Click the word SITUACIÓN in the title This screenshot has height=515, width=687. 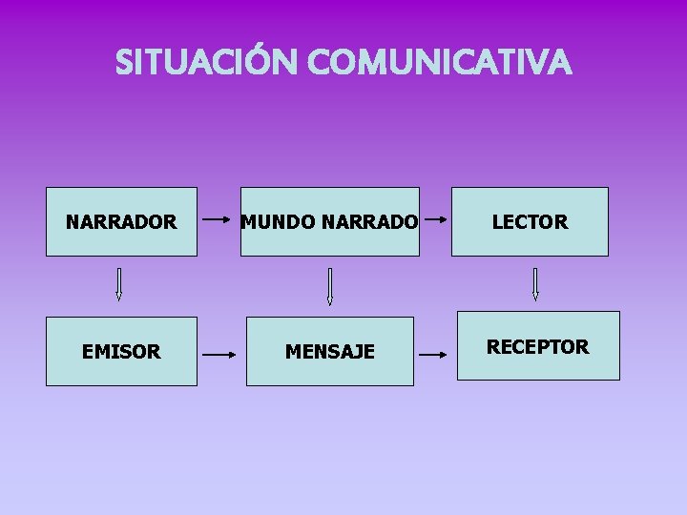(x=208, y=64)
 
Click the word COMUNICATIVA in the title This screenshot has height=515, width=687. (x=440, y=64)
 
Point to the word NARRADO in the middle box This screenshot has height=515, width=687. (x=370, y=222)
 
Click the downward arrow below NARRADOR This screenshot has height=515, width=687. (x=119, y=284)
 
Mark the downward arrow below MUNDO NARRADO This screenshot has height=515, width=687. (x=329, y=286)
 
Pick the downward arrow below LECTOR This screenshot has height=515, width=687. (x=535, y=284)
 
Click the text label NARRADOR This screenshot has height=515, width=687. (x=121, y=222)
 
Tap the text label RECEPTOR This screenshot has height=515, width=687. (x=538, y=346)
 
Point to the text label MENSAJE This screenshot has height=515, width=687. (x=330, y=353)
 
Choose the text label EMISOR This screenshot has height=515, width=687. (x=121, y=352)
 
